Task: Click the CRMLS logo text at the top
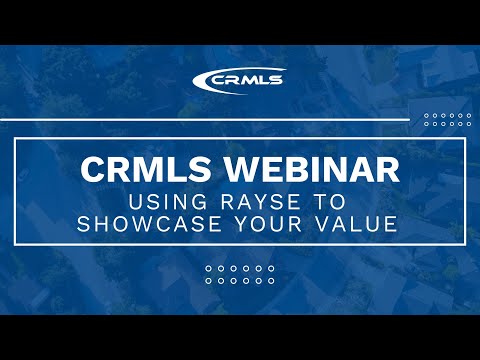(248, 81)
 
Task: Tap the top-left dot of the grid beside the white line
(427, 115)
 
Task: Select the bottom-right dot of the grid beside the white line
(468, 125)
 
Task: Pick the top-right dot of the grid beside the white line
(468, 115)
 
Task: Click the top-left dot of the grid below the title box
(208, 269)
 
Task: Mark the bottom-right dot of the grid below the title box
(272, 281)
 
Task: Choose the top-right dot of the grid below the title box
(272, 269)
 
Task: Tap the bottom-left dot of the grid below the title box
(208, 281)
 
